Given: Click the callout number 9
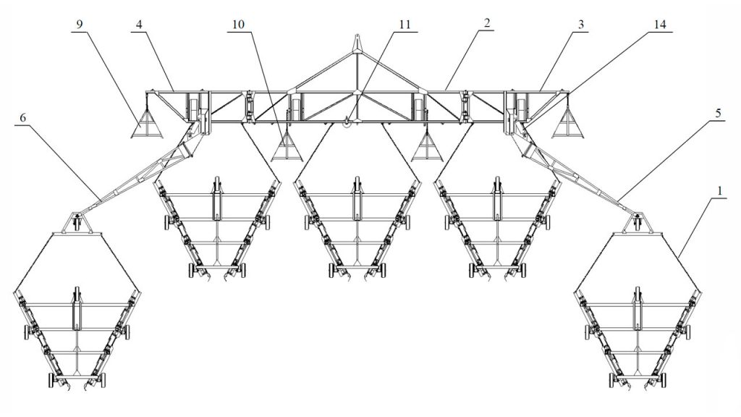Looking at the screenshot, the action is click(x=80, y=25).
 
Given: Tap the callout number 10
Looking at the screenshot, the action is click(x=239, y=25).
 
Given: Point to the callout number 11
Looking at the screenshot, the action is click(x=405, y=25).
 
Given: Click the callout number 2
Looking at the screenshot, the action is click(x=487, y=22).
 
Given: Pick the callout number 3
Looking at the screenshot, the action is click(x=581, y=25).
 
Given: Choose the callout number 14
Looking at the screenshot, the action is click(x=659, y=25).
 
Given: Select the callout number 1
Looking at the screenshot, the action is click(x=719, y=190).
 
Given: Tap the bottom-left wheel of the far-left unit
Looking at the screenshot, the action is click(x=51, y=380).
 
